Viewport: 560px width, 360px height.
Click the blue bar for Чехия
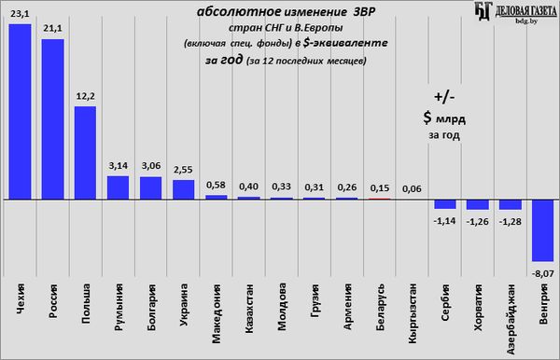coord(20,112)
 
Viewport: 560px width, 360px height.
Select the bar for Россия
coord(53,119)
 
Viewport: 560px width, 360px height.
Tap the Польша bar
coord(85,153)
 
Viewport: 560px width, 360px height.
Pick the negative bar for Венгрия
coord(543,231)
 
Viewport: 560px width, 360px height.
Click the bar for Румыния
coord(119,187)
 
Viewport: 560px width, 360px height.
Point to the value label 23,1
coord(20,14)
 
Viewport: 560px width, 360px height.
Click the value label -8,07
coord(543,274)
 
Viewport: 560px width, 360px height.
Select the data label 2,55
coord(183,170)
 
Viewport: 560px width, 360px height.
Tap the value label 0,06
coord(413,188)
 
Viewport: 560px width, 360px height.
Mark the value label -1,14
coord(444,221)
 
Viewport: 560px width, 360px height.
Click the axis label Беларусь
coord(380,307)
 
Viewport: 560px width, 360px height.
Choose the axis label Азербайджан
coord(511,319)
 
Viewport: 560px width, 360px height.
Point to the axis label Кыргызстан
coord(413,313)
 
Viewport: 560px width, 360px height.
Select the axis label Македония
coord(217,313)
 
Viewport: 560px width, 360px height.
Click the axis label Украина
coord(184,305)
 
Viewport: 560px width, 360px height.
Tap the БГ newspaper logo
coord(483,11)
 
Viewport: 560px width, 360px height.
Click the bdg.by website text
coord(526,21)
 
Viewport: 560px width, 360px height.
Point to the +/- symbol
coord(444,97)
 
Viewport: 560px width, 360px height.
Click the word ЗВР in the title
coord(364,12)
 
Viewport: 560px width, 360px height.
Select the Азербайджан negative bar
coord(511,205)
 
